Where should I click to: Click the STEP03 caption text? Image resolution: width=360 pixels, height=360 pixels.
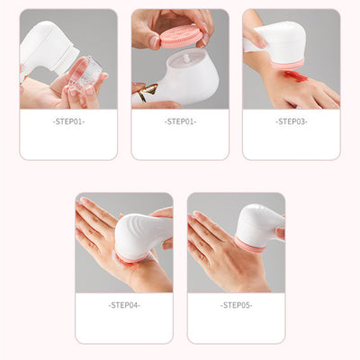point(292,121)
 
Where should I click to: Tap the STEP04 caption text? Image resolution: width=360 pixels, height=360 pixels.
point(123,305)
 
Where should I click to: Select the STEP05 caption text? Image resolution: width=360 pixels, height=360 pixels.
point(236,305)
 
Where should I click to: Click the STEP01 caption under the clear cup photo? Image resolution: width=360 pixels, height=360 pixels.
point(68,121)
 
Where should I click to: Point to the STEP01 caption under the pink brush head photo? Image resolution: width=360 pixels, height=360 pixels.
point(180,121)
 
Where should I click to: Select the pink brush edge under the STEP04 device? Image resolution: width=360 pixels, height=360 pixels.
point(131,259)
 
